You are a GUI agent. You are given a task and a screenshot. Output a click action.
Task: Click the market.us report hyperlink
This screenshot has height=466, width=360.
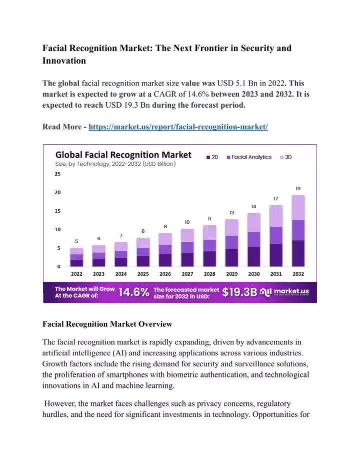coord(178,127)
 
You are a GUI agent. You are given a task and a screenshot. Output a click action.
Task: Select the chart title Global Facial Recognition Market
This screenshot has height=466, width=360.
coord(123,155)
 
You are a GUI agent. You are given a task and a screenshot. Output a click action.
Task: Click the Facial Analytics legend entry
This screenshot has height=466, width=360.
coord(249,157)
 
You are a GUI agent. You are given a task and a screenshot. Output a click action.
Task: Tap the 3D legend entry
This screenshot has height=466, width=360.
coord(286,157)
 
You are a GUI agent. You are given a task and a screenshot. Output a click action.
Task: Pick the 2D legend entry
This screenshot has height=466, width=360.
coord(212,157)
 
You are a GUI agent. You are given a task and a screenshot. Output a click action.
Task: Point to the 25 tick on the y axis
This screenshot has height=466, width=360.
coord(57,174)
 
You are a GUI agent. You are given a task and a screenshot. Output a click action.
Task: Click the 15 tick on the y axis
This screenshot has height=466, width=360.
coord(57,211)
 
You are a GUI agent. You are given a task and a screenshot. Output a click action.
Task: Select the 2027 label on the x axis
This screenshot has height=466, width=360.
coord(187,274)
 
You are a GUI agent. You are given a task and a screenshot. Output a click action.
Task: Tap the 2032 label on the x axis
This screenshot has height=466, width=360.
coord(298,274)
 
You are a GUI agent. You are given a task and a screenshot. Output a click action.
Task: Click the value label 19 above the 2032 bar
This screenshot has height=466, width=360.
coord(298,189)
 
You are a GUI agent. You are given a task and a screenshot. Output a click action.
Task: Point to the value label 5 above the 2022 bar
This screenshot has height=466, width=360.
coord(76,241)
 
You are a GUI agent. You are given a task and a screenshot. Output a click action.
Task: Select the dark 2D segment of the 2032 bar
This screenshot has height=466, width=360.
coord(298,253)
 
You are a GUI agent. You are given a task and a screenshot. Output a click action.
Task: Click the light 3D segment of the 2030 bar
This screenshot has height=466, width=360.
coord(254,223)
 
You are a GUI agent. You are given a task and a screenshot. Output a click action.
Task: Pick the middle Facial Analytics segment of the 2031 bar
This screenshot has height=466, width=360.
coord(276,235)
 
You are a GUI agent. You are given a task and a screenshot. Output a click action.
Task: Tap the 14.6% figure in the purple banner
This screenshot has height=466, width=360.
coord(134,292)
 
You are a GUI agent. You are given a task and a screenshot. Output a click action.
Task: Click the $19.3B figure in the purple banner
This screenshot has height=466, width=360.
coord(239,292)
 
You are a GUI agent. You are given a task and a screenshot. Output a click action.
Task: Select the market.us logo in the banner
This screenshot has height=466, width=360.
coord(284,292)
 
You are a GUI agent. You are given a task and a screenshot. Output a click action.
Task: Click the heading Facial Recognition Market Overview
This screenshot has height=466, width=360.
coord(107,324)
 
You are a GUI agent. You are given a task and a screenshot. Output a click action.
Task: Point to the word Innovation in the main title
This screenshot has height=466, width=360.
coord(64,61)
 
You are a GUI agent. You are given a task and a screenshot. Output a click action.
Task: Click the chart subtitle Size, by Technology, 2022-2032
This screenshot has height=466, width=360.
coord(115,164)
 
